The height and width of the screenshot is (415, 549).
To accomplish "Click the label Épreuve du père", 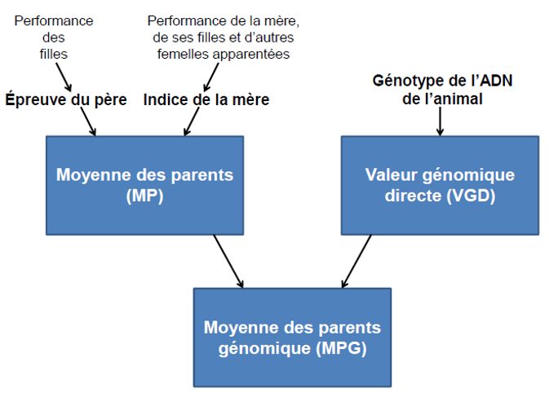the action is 66,99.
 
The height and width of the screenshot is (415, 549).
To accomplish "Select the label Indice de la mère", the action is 206,99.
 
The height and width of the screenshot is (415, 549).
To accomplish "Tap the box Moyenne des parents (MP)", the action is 144,185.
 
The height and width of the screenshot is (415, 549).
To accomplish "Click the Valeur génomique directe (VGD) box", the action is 441,185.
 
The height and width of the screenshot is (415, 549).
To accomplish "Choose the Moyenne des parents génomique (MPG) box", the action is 292,338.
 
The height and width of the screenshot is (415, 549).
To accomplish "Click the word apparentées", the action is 251,55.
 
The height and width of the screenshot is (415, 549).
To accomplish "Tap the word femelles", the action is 183,55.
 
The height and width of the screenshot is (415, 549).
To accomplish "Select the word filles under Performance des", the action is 54,55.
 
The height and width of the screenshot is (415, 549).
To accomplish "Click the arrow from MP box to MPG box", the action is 228,262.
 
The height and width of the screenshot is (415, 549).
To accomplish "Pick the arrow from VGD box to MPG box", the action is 356,262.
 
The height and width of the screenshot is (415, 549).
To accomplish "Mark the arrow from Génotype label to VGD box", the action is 441,121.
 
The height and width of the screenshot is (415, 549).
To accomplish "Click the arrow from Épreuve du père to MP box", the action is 88,121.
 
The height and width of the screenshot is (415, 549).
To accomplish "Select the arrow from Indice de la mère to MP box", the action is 192,121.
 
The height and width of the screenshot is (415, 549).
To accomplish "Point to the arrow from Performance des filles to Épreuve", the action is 64,77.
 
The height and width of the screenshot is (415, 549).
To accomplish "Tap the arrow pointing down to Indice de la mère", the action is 211,77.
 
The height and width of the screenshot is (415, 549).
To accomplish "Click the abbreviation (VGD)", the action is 471,195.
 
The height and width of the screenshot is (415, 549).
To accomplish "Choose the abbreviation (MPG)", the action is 341,348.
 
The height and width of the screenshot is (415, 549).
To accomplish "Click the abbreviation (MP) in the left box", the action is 144,195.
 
